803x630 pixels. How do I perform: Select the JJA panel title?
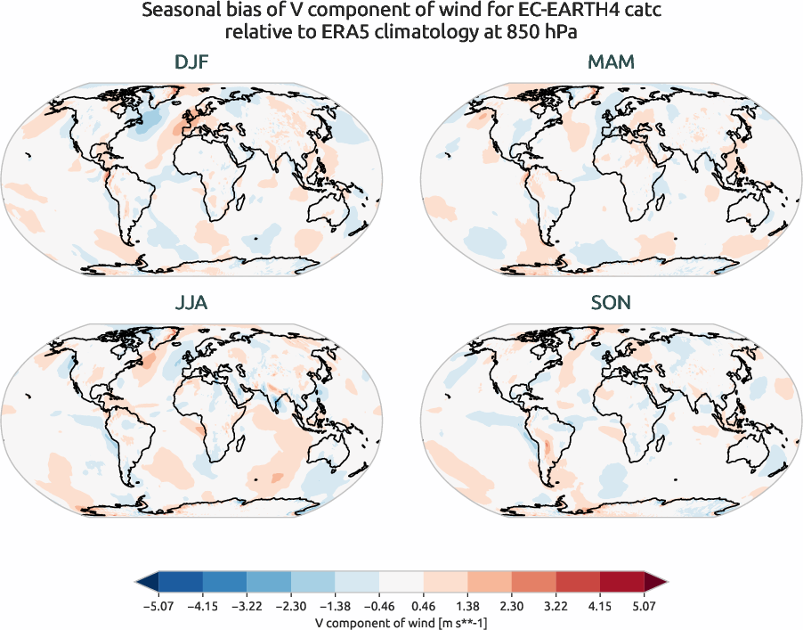click(192, 303)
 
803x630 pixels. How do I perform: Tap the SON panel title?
click(611, 303)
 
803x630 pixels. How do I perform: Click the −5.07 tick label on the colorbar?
click(158, 606)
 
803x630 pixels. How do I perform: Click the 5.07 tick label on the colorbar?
click(644, 606)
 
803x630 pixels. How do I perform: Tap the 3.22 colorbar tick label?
click(556, 606)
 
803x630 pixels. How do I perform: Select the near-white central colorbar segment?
click(401, 583)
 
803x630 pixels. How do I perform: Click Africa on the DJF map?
click(214, 178)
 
